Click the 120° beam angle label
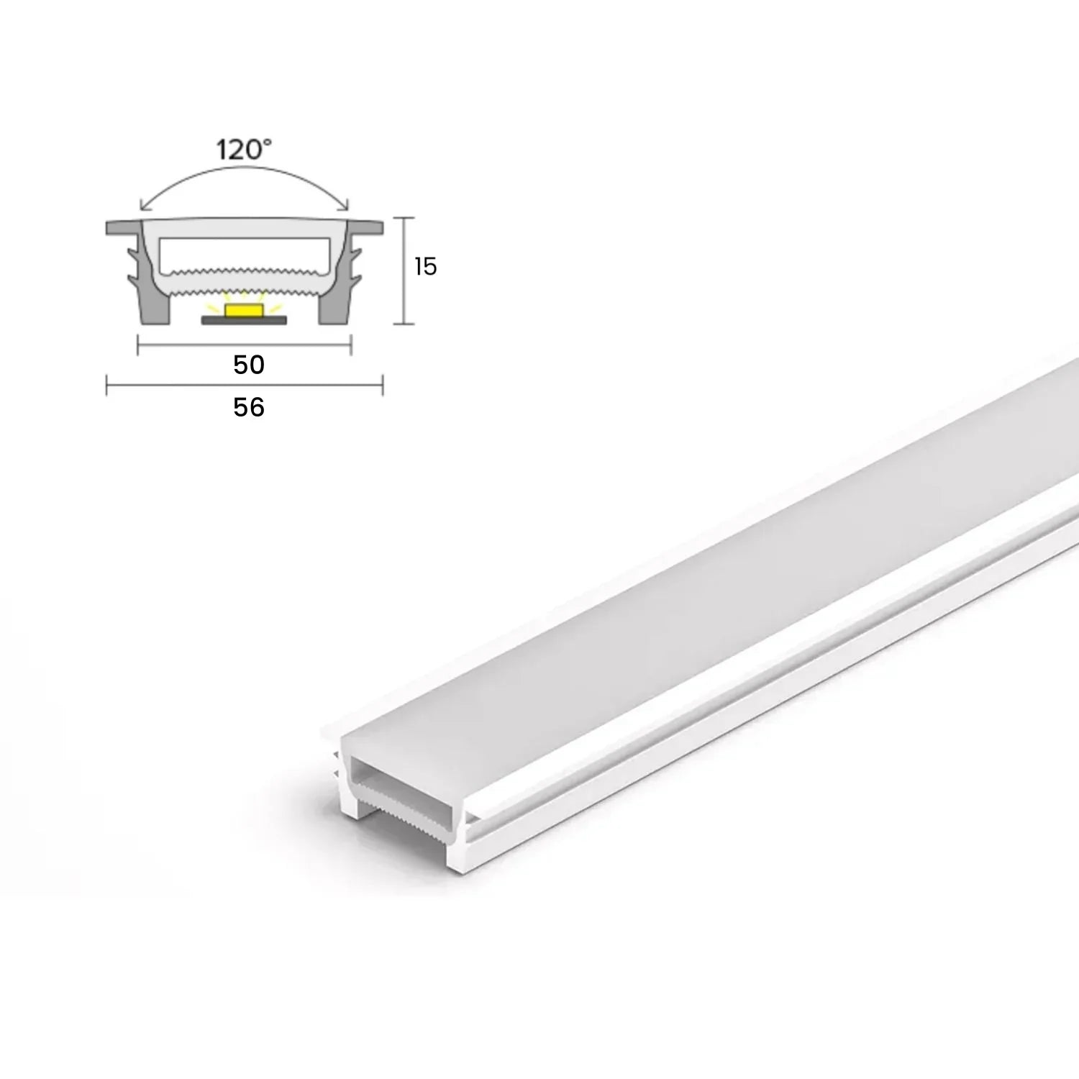click(x=245, y=150)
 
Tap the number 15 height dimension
click(x=425, y=267)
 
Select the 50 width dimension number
click(x=249, y=365)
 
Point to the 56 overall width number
click(x=249, y=407)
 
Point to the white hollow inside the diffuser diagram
click(x=245, y=252)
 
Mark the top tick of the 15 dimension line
click(x=405, y=217)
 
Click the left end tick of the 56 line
click(x=107, y=386)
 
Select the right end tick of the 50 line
click(x=351, y=345)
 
